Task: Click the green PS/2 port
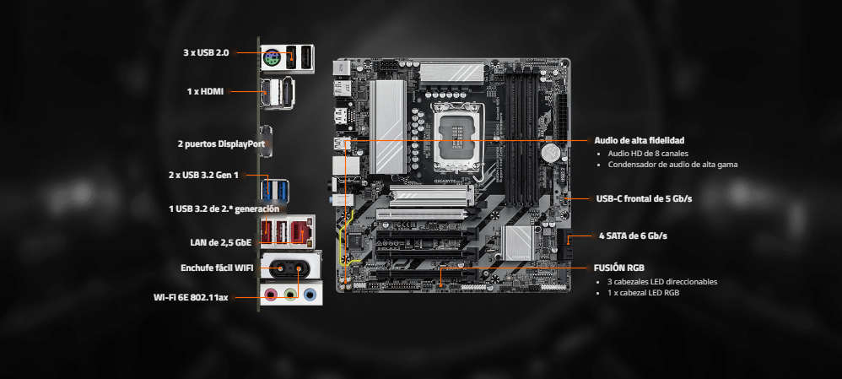click(x=273, y=57)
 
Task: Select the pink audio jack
click(x=272, y=295)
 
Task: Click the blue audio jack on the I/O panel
click(x=310, y=295)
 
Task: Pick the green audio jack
click(x=290, y=295)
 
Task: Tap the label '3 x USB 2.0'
click(x=206, y=52)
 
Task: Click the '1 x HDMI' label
click(x=205, y=91)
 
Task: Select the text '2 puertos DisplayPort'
click(x=221, y=144)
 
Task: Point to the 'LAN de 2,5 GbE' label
click(x=221, y=242)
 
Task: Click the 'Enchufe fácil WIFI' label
click(x=217, y=268)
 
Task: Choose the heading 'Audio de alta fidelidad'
click(x=639, y=140)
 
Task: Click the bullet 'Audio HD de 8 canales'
click(x=648, y=154)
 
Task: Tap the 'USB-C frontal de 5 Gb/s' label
click(x=644, y=198)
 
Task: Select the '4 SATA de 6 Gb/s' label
click(x=633, y=236)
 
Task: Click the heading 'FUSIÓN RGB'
click(x=619, y=268)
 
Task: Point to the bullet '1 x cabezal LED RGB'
click(x=644, y=293)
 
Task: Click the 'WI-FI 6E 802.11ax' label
click(x=191, y=297)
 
